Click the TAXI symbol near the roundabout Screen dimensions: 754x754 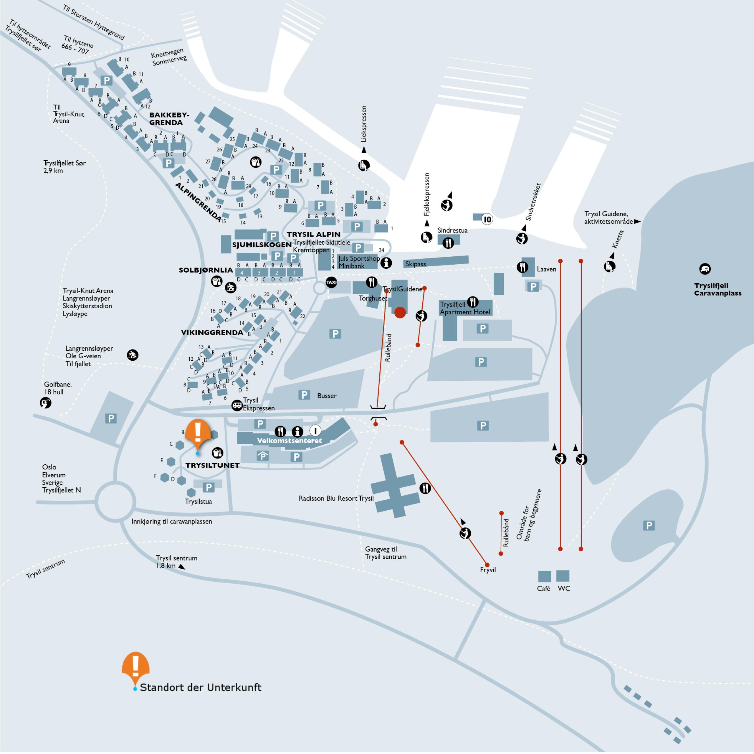(x=331, y=282)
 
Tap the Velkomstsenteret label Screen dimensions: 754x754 (x=289, y=441)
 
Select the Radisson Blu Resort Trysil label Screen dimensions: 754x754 (x=336, y=499)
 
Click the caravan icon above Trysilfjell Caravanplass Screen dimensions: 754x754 (x=705, y=269)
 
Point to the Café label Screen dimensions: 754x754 (x=544, y=588)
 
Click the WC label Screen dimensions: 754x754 (x=564, y=588)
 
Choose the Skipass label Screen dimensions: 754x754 (x=416, y=264)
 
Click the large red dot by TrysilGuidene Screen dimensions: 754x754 (x=400, y=312)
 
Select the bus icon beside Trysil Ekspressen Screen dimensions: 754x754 (x=237, y=405)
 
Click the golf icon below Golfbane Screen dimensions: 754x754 (x=46, y=402)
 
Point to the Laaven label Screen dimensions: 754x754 (x=546, y=269)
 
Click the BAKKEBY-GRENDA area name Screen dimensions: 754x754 (x=169, y=119)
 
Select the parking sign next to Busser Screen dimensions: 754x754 (x=304, y=395)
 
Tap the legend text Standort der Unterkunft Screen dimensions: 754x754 (x=201, y=688)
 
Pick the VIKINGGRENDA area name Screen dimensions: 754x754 (x=212, y=333)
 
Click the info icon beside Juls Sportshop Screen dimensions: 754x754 (x=386, y=263)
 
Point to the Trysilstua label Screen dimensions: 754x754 (x=198, y=502)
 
